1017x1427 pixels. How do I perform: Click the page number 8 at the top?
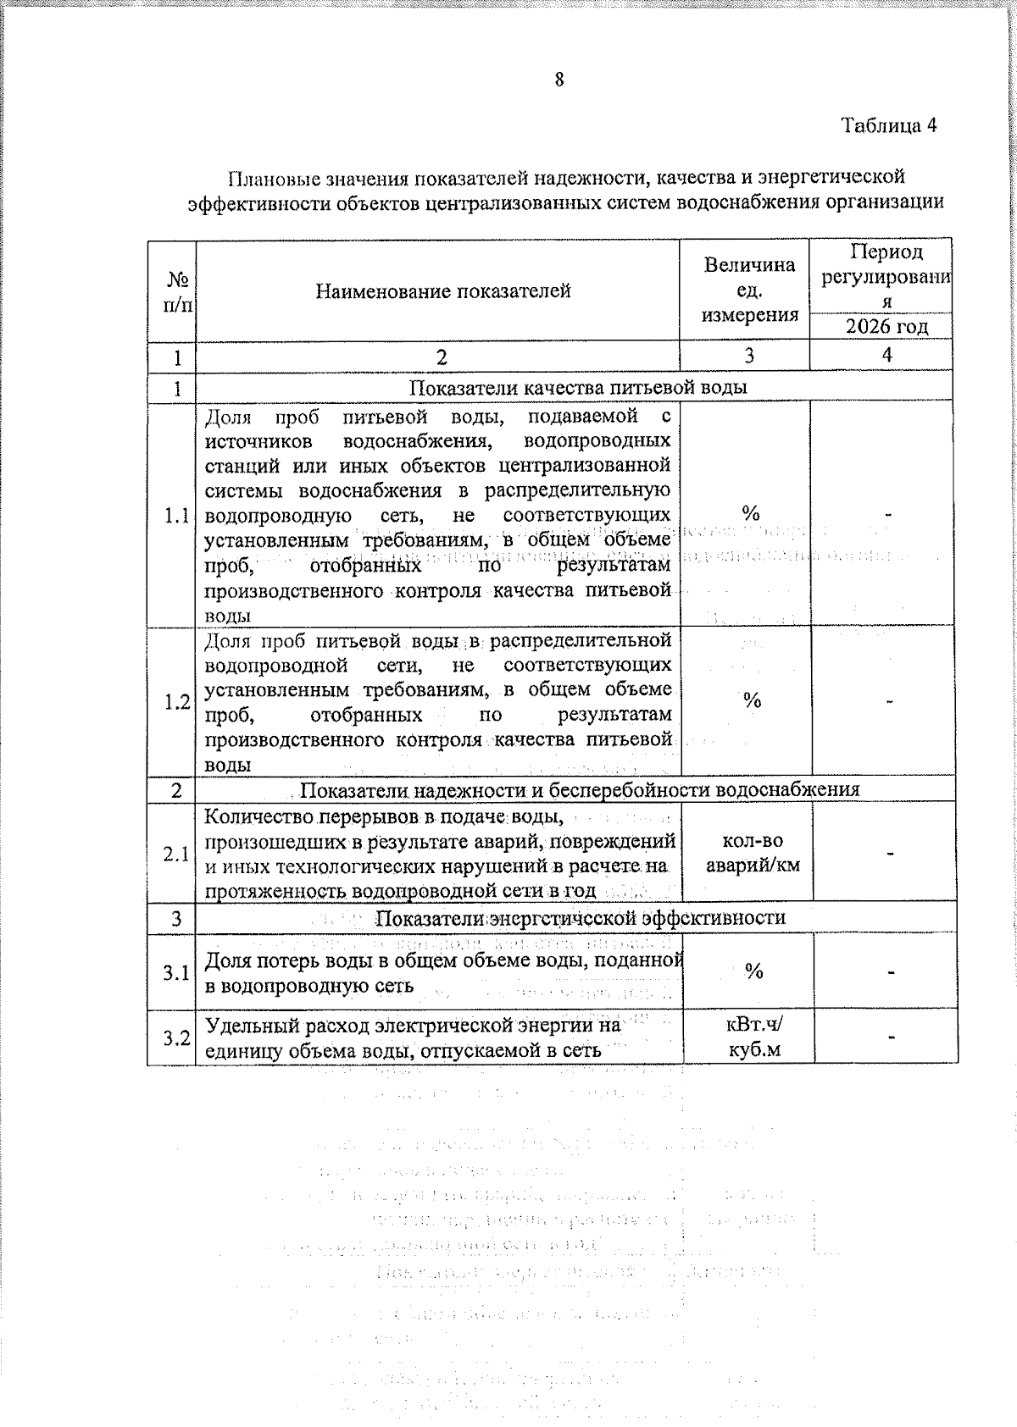(559, 80)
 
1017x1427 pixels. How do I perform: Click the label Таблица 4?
(889, 126)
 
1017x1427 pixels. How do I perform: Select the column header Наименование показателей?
(443, 291)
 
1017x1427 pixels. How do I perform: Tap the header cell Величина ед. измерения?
(750, 290)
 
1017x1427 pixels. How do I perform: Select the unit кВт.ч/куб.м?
(754, 1038)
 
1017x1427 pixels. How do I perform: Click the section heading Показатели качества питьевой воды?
(578, 388)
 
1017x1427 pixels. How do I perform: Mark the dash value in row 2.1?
(890, 854)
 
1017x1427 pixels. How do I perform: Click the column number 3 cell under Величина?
(749, 356)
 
